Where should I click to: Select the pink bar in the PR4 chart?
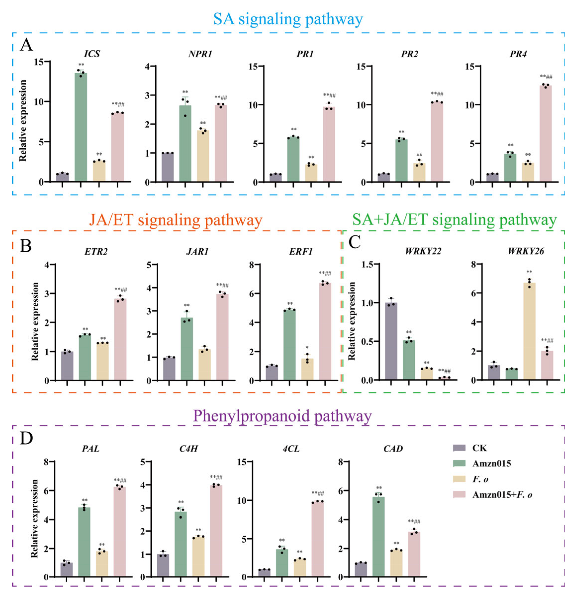pyautogui.click(x=545, y=134)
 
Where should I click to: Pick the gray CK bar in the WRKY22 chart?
pyautogui.click(x=391, y=341)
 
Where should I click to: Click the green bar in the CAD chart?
pyautogui.click(x=379, y=536)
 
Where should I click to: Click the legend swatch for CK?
pyautogui.click(x=459, y=448)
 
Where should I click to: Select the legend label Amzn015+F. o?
pyautogui.click(x=502, y=494)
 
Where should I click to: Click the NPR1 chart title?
pyautogui.click(x=200, y=54)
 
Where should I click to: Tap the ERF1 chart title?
pyautogui.click(x=301, y=252)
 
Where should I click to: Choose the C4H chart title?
pyautogui.click(x=189, y=449)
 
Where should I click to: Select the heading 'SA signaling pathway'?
pyautogui.click(x=288, y=19)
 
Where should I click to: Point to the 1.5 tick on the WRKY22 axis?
pyautogui.click(x=369, y=264)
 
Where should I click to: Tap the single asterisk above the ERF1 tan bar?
pyautogui.click(x=307, y=348)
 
